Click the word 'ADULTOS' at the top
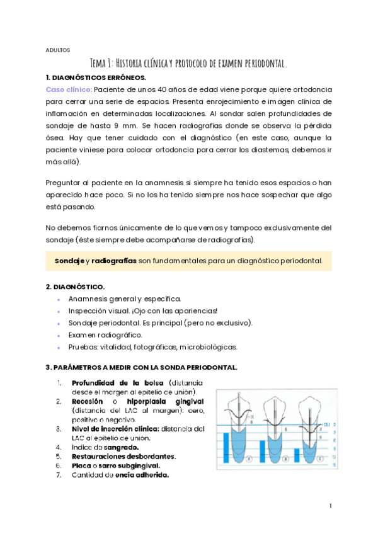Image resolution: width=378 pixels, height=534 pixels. [x=58, y=50]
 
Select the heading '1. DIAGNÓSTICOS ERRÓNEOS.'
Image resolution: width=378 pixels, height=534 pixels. [x=95, y=77]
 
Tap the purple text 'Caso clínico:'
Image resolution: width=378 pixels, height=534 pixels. [x=69, y=89]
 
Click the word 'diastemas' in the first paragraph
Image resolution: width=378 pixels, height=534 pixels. [x=285, y=149]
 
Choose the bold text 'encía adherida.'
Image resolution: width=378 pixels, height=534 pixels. [x=143, y=475]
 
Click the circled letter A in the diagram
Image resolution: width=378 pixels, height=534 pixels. [x=249, y=459]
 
